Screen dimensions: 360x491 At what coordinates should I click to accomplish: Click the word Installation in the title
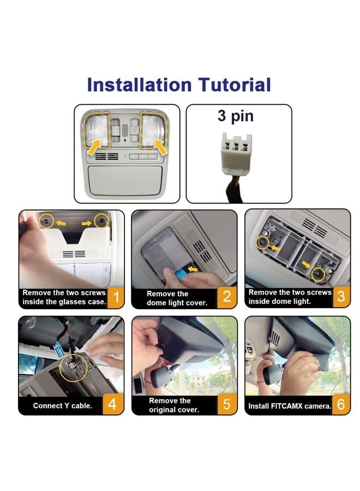[139, 85]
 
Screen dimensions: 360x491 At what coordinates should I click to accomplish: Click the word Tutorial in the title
[235, 85]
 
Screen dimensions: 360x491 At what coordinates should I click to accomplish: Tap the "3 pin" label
[236, 116]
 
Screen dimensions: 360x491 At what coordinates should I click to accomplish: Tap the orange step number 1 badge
[116, 297]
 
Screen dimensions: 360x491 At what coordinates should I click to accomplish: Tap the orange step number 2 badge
[227, 297]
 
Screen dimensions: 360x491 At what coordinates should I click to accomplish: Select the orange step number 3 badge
[341, 296]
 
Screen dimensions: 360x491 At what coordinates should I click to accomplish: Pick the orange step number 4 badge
[112, 405]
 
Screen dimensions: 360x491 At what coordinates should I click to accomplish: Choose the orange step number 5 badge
[227, 405]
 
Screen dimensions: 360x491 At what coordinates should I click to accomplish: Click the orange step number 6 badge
[341, 405]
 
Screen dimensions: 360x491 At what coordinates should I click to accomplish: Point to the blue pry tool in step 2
[182, 274]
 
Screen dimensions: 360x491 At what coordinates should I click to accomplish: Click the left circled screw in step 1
[46, 221]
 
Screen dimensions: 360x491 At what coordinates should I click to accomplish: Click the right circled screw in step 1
[101, 221]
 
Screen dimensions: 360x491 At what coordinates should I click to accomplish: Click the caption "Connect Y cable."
[63, 406]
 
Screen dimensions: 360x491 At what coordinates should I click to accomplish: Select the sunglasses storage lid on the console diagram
[125, 181]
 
